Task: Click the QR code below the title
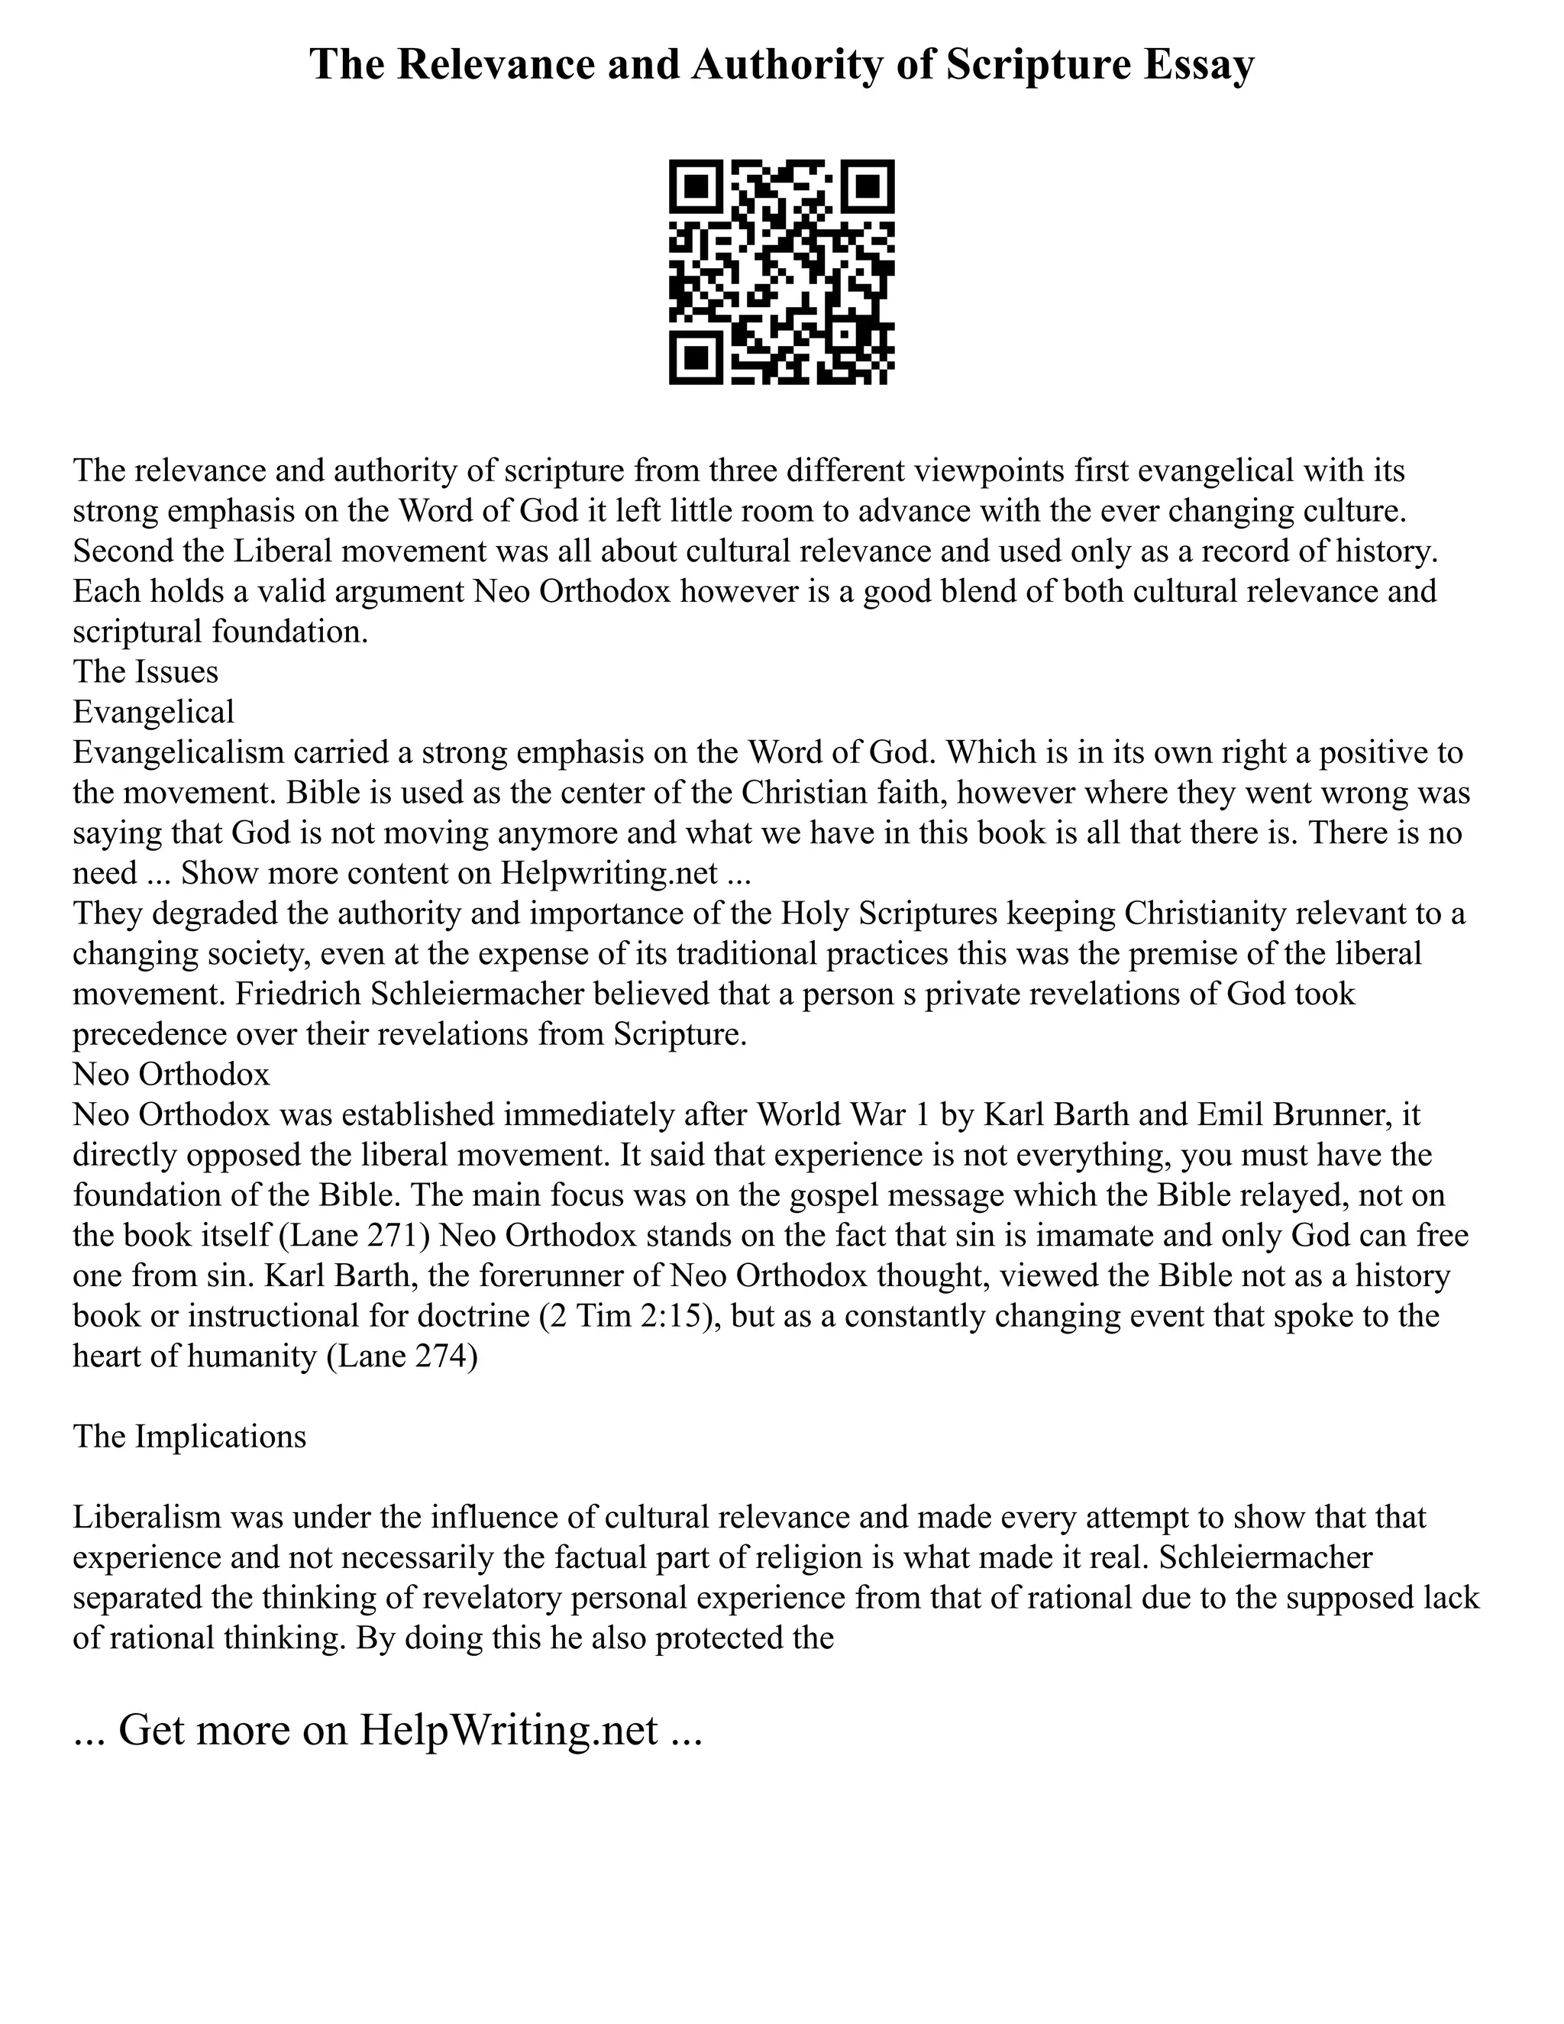coord(781,272)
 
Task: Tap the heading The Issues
coord(145,671)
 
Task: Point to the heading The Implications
coord(189,1436)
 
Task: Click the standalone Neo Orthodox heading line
coord(171,1073)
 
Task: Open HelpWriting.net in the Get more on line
coord(508,1728)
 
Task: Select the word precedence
coord(148,1033)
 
